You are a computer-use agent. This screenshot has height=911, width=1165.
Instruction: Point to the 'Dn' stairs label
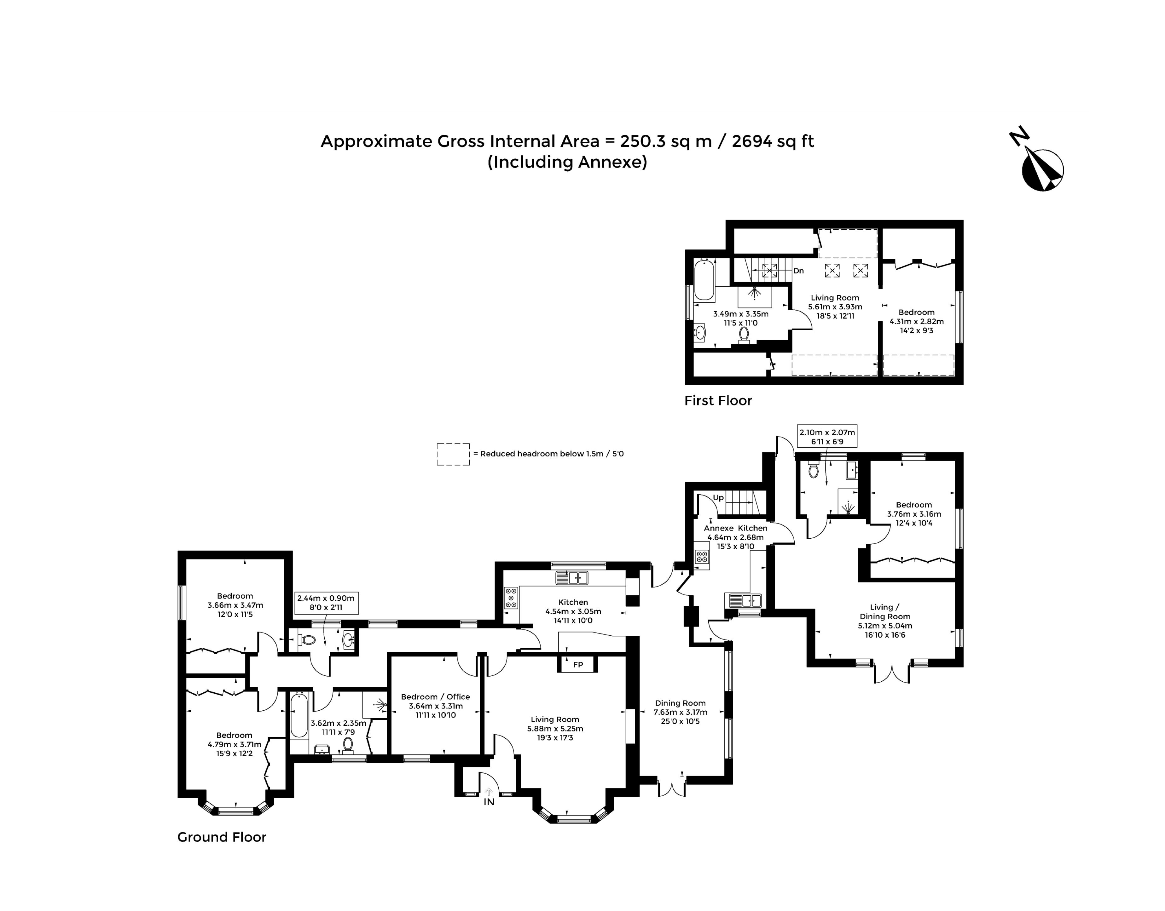click(798, 271)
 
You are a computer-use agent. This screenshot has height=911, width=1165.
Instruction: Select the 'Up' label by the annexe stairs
click(718, 498)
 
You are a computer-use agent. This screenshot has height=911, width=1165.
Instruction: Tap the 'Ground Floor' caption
click(222, 837)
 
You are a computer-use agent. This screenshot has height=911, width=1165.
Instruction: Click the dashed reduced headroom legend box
click(453, 454)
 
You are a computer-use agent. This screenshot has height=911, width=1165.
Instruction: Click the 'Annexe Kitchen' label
click(735, 528)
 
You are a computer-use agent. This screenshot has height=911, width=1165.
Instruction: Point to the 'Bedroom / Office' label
click(436, 696)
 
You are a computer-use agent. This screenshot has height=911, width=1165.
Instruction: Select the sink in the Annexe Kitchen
click(743, 600)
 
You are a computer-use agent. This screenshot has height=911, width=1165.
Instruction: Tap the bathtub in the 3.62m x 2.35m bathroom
click(299, 716)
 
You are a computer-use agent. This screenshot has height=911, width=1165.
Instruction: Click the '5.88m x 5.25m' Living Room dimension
click(555, 729)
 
